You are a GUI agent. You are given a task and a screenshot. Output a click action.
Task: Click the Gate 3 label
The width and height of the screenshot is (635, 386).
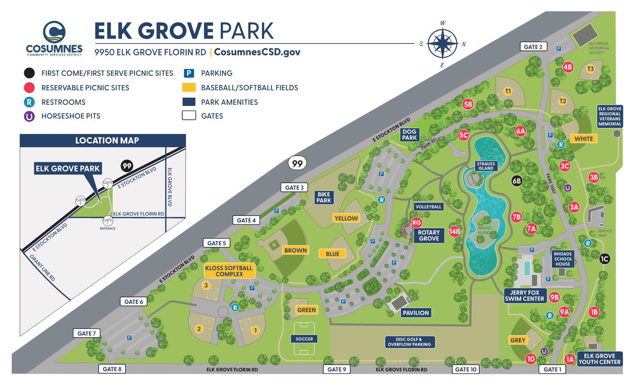pos(294,188)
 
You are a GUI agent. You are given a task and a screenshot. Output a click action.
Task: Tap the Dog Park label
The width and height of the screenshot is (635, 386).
pos(409,135)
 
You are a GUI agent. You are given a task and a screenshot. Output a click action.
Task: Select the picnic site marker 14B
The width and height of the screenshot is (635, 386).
pos(454,231)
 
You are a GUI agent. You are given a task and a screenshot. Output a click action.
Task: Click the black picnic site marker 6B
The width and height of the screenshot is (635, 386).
pos(517,181)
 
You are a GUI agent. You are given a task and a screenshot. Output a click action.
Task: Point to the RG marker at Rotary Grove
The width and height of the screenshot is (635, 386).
pos(416,223)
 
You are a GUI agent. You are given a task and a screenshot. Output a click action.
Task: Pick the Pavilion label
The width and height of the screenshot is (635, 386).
pos(415,313)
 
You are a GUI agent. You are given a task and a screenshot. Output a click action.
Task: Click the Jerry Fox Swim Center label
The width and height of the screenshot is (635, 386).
pos(524,296)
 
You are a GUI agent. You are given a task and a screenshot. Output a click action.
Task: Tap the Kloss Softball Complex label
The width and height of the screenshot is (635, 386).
pos(228,271)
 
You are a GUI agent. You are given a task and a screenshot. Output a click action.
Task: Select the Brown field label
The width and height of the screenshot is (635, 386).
pos(296,251)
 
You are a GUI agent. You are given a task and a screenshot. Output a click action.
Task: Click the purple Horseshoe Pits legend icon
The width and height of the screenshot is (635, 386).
pos(29,116)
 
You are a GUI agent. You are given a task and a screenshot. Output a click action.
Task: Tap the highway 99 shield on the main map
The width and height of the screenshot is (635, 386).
pos(297,163)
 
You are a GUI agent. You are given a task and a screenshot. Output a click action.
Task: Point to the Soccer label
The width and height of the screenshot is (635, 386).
pos(304,339)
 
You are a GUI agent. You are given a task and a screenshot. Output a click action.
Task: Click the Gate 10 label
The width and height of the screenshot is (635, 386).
pos(466,369)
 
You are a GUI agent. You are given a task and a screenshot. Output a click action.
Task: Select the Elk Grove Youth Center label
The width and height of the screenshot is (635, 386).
pos(599,359)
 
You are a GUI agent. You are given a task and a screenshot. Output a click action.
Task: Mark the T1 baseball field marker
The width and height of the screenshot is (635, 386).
pos(508,91)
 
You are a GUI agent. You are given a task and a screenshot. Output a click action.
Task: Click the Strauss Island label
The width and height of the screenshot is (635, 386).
pos(486,166)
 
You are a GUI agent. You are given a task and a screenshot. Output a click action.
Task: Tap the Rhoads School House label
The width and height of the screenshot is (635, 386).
pos(563,259)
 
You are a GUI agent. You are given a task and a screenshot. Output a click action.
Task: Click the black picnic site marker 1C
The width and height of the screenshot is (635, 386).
pos(605,259)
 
